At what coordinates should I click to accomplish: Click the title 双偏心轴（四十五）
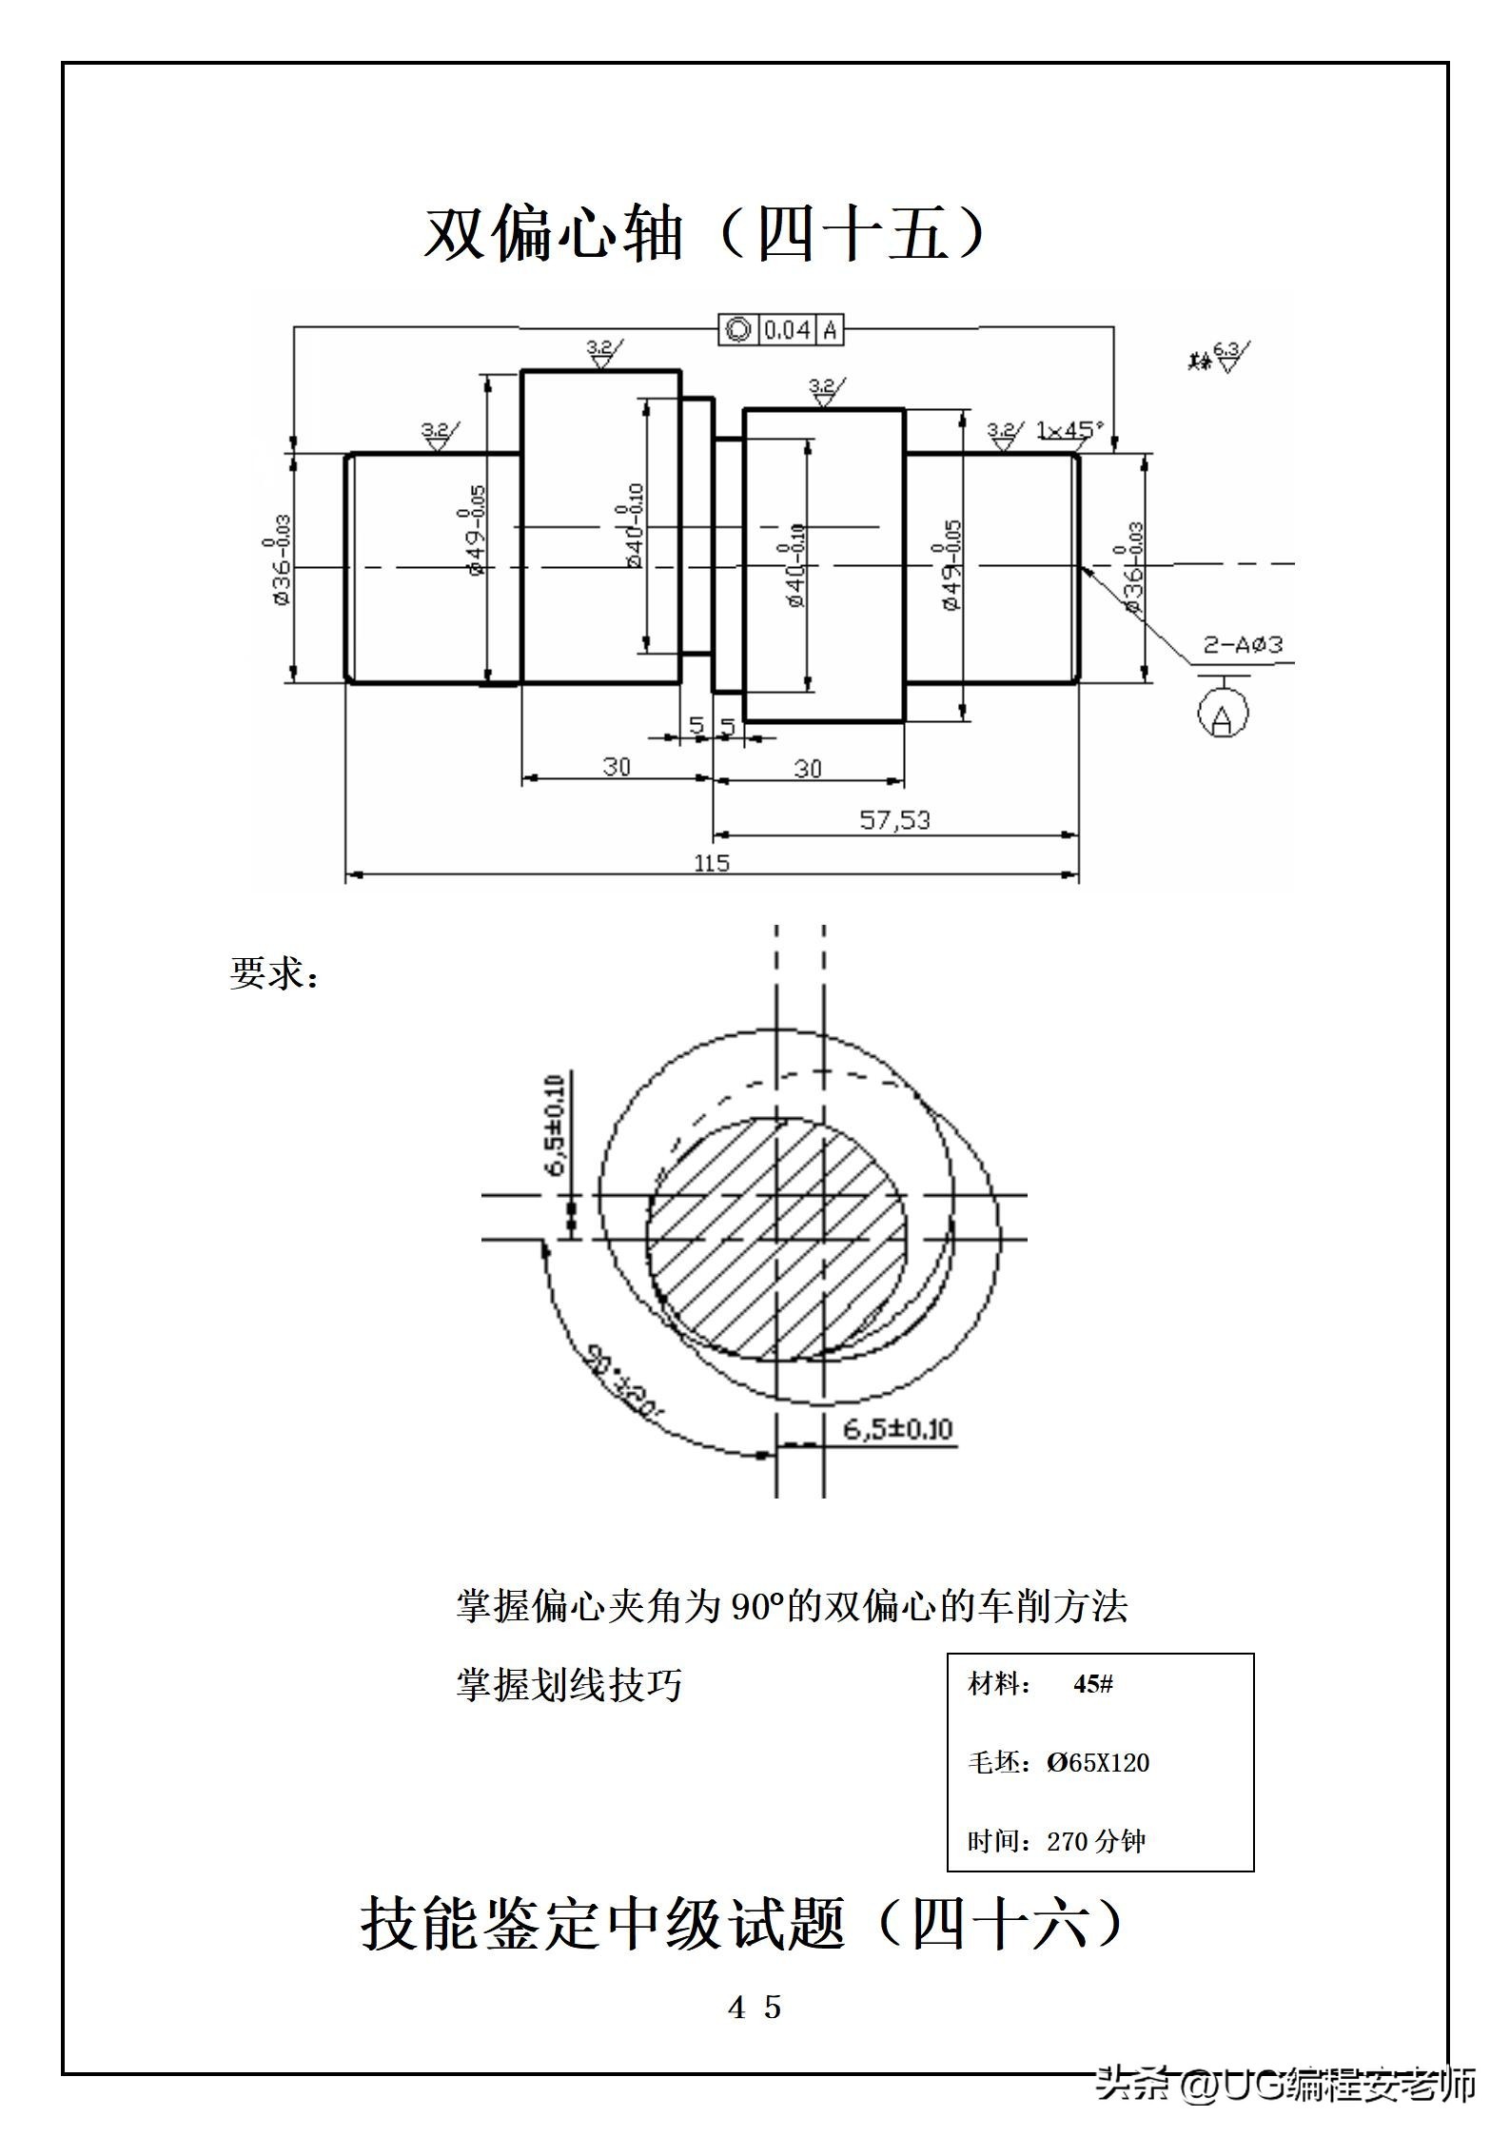(704, 234)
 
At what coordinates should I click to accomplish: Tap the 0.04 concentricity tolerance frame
(781, 330)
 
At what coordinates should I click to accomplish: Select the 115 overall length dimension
(712, 863)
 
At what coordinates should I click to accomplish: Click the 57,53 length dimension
(894, 819)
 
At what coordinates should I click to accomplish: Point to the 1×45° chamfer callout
(1069, 430)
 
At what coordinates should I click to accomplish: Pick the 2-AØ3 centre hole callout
(1243, 644)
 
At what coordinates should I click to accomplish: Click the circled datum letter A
(1224, 715)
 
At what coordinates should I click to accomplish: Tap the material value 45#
(1092, 1684)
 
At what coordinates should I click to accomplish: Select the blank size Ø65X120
(1098, 1762)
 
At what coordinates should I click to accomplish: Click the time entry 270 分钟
(1095, 1841)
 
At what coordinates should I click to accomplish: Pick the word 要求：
(274, 973)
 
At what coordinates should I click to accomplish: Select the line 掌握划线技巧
(569, 1685)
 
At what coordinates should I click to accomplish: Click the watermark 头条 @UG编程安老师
(1285, 2083)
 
